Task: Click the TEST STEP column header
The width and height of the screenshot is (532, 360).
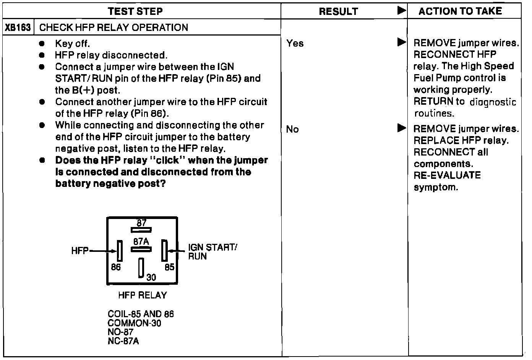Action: click(x=135, y=11)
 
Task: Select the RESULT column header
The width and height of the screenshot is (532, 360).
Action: click(x=338, y=11)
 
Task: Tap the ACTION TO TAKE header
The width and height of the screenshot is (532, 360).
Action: click(x=460, y=11)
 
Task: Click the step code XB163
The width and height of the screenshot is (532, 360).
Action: click(x=18, y=28)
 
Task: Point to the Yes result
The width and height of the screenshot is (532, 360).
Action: click(x=295, y=43)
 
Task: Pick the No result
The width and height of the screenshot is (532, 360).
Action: click(x=292, y=130)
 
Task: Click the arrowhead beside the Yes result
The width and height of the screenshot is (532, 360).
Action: click(x=401, y=42)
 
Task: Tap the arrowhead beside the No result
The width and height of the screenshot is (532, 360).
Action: click(x=401, y=128)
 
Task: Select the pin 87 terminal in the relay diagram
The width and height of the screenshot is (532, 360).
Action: click(x=141, y=230)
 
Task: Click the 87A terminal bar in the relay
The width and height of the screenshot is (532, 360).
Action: click(x=141, y=250)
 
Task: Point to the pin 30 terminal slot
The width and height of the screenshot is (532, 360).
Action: click(x=141, y=268)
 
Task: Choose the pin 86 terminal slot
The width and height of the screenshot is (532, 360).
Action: click(x=120, y=251)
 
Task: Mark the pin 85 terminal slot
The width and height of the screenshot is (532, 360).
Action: click(x=164, y=251)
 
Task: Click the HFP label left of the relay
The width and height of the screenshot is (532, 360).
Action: click(x=79, y=251)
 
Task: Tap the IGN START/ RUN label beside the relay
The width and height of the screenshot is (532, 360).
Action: click(x=212, y=251)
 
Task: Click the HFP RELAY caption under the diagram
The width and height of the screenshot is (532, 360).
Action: click(x=142, y=295)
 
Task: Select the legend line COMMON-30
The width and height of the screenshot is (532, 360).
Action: click(x=135, y=323)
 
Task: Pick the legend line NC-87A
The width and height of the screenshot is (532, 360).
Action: click(x=123, y=341)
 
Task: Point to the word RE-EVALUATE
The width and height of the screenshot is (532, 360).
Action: click(x=447, y=175)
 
